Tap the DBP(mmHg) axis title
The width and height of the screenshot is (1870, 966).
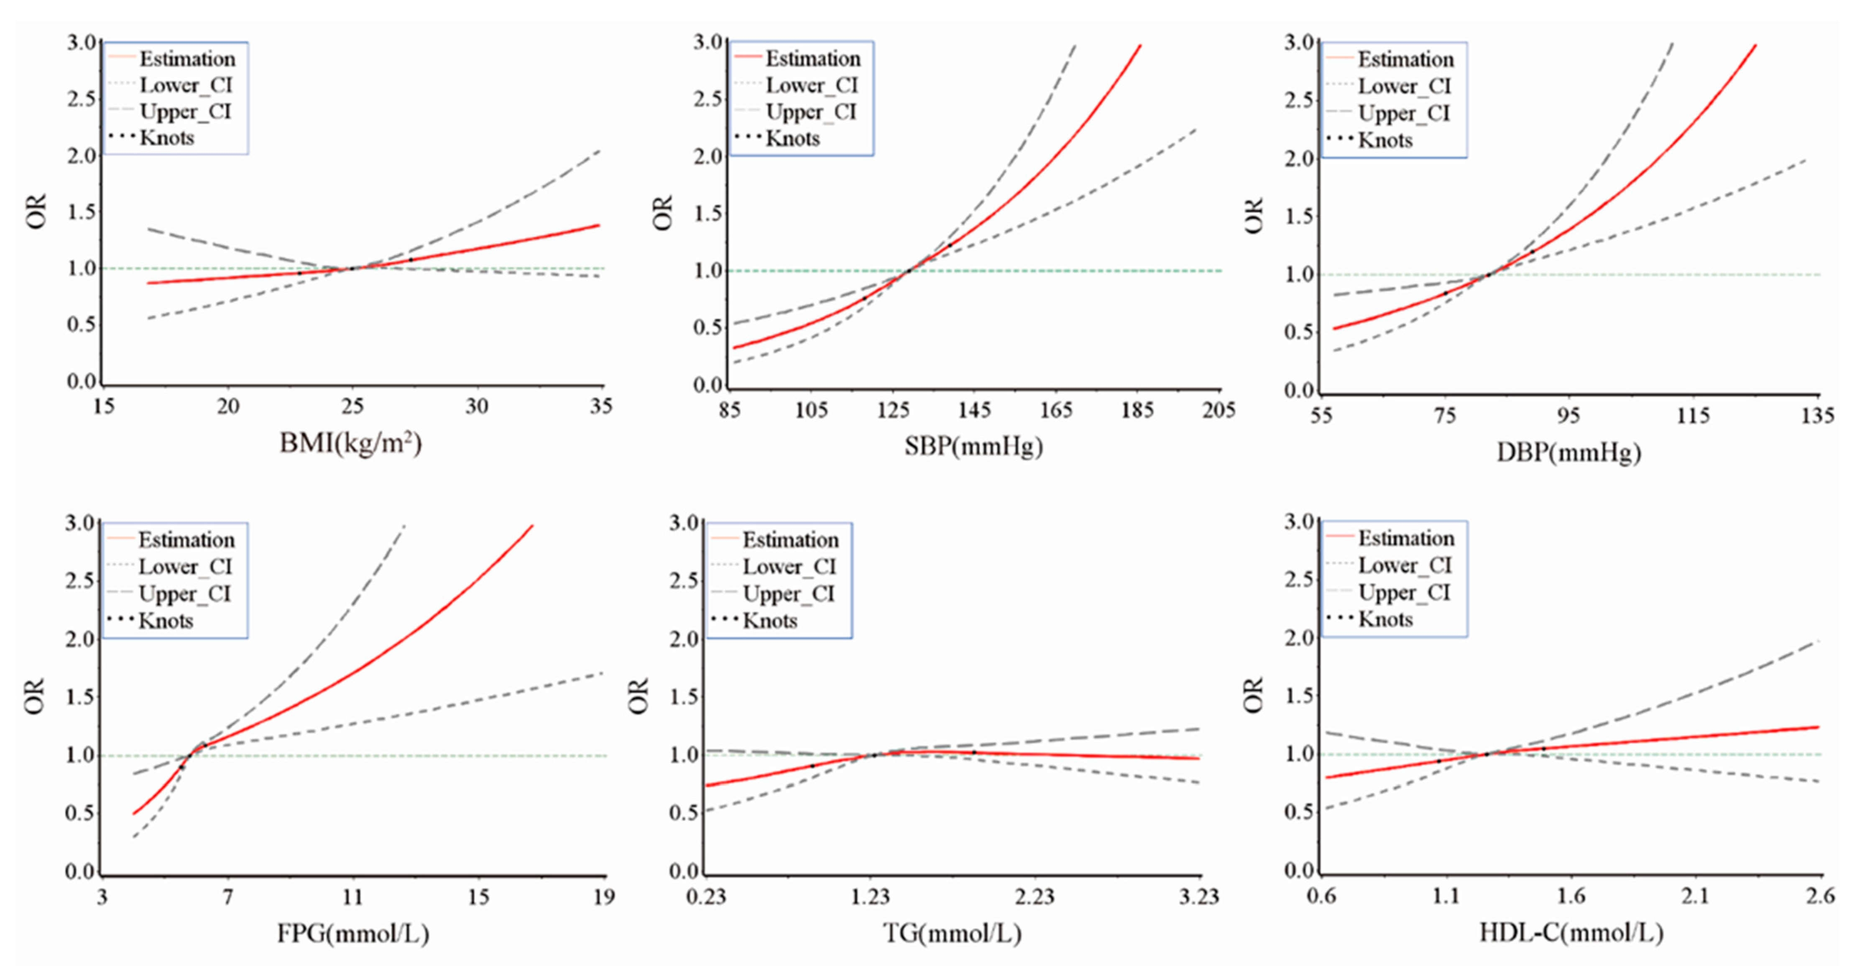(x=1568, y=453)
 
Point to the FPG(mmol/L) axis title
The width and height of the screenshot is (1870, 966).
(x=353, y=932)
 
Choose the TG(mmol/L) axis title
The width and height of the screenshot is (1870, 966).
(x=952, y=932)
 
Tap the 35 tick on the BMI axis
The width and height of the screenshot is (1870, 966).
(x=601, y=407)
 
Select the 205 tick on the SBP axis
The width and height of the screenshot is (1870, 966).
(x=1218, y=410)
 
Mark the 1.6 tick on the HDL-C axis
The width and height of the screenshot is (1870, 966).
(x=1571, y=896)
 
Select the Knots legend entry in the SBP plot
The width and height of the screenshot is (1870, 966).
(x=792, y=138)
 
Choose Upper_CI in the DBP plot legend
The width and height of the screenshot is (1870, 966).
(x=1403, y=113)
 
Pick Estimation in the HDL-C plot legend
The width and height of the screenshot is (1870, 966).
(x=1405, y=538)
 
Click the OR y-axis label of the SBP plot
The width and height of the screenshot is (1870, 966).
(x=663, y=213)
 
